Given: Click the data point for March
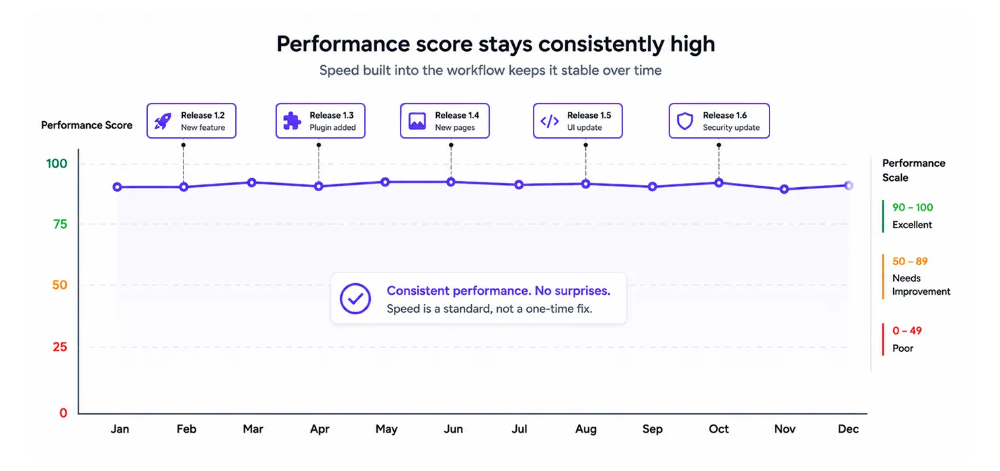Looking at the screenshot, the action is click(251, 182).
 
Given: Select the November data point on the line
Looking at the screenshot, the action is click(784, 189).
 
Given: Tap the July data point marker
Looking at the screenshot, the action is click(518, 184).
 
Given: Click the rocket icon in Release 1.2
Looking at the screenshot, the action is click(163, 121).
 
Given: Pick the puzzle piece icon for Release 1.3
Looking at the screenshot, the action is click(292, 121).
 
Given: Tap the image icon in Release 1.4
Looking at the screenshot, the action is click(417, 121).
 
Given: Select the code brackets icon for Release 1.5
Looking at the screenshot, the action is click(550, 121).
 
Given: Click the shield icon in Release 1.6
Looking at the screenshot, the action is click(685, 121).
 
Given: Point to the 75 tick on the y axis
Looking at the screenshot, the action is click(60, 224).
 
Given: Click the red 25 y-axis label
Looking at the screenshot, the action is click(60, 347).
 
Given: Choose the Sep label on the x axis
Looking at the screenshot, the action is click(653, 429).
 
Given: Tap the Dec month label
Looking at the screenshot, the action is click(848, 429).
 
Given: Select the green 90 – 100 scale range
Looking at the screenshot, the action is click(913, 207).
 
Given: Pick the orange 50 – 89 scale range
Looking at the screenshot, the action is click(910, 261).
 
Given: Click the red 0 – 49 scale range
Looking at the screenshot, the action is click(907, 330).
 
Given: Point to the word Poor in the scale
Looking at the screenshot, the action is click(903, 348).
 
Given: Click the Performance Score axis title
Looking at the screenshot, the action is click(87, 125).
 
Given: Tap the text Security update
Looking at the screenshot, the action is click(731, 127).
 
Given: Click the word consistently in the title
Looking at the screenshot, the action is click(601, 44).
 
